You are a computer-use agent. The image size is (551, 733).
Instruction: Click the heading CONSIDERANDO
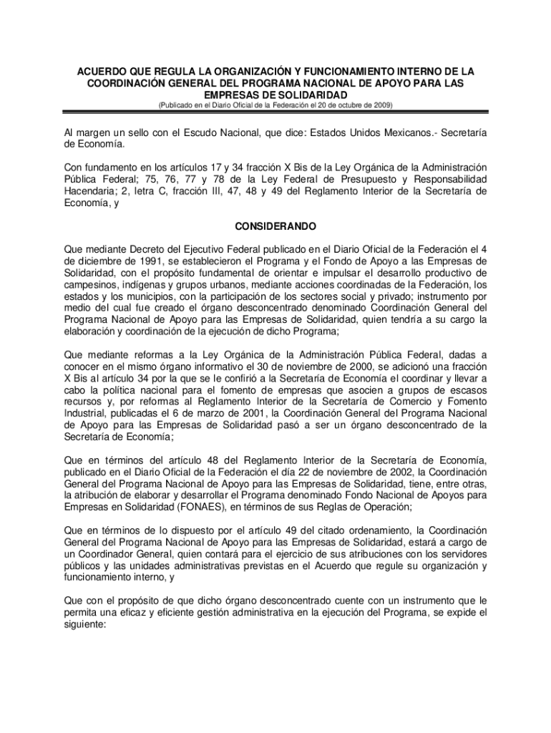click(x=275, y=226)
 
